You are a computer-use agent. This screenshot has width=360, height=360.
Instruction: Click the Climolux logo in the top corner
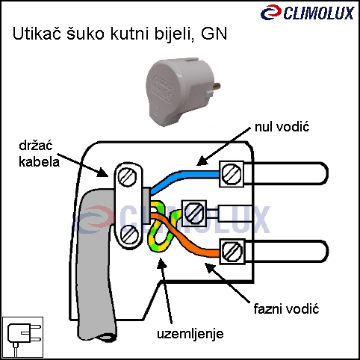(308, 13)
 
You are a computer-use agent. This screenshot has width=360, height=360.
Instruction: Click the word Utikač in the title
(37, 34)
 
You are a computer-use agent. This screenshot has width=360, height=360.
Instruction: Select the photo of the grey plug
(183, 91)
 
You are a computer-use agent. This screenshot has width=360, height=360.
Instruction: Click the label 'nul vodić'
(282, 127)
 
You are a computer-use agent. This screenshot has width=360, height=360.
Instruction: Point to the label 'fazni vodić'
(286, 309)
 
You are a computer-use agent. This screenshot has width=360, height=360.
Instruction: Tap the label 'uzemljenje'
(190, 334)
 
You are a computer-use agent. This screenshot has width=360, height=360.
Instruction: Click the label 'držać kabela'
(40, 154)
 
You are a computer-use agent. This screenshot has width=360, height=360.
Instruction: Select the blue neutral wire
(184, 177)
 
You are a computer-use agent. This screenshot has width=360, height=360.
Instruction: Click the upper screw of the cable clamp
(127, 176)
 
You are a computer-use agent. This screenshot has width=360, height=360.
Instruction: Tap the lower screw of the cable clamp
(129, 235)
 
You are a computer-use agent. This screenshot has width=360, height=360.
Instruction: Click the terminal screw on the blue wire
(232, 174)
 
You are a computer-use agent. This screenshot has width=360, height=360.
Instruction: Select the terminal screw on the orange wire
(232, 252)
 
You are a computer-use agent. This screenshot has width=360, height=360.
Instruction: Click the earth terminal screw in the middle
(194, 213)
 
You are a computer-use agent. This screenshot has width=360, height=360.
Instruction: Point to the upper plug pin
(286, 173)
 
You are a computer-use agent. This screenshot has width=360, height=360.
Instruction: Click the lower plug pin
(286, 251)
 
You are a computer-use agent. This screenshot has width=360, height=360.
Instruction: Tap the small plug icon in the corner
(22, 338)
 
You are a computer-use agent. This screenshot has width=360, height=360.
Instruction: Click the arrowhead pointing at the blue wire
(202, 161)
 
